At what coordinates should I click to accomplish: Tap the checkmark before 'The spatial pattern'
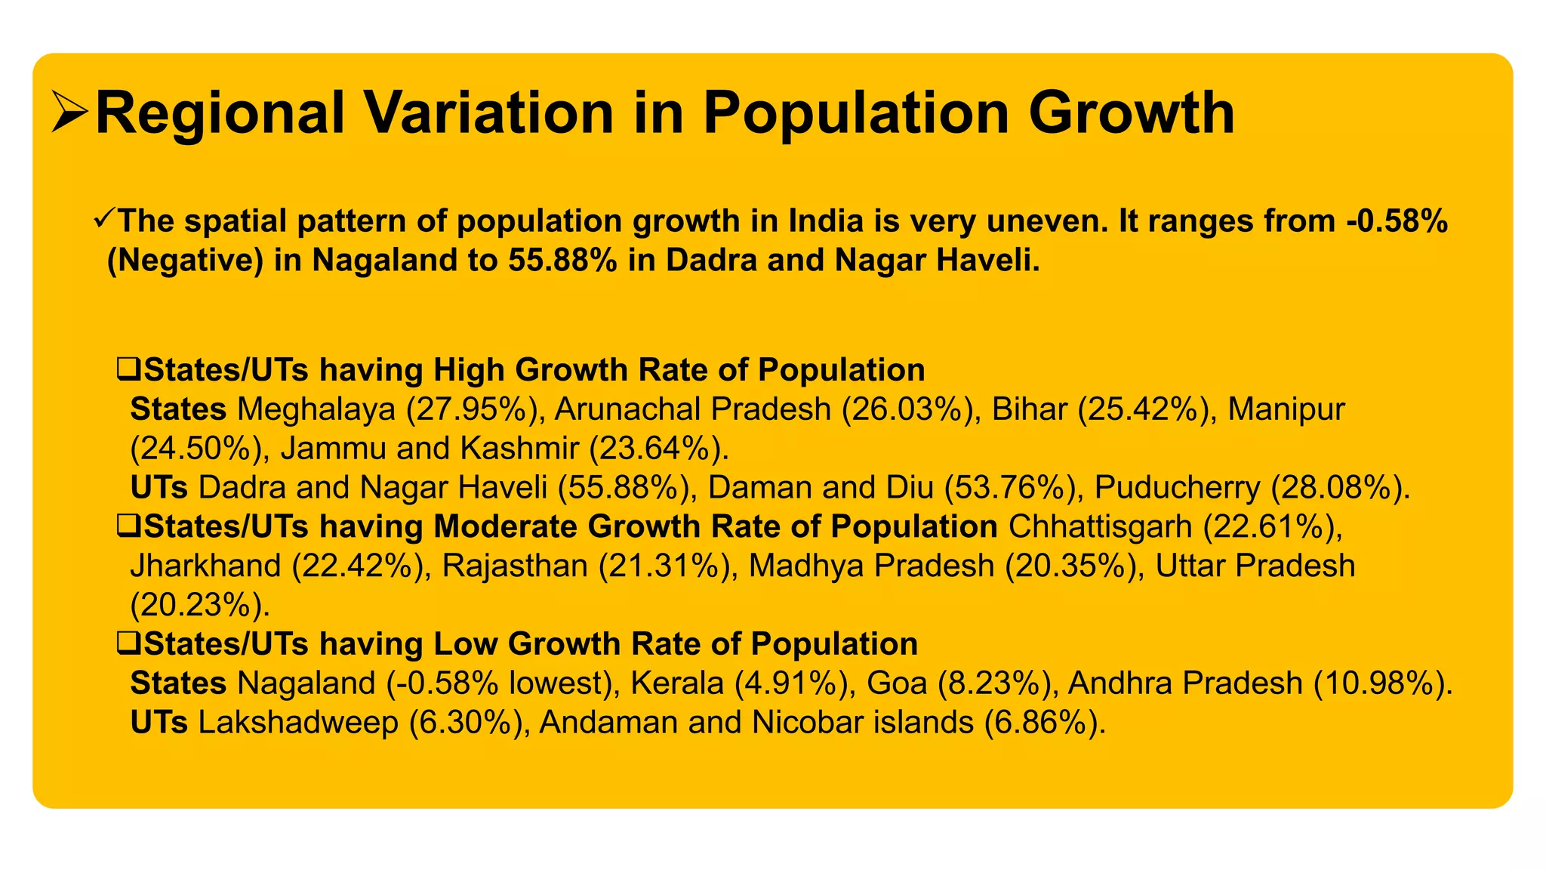(104, 221)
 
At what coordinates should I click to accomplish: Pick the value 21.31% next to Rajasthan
(667, 566)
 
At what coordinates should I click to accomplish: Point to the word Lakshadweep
(298, 723)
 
